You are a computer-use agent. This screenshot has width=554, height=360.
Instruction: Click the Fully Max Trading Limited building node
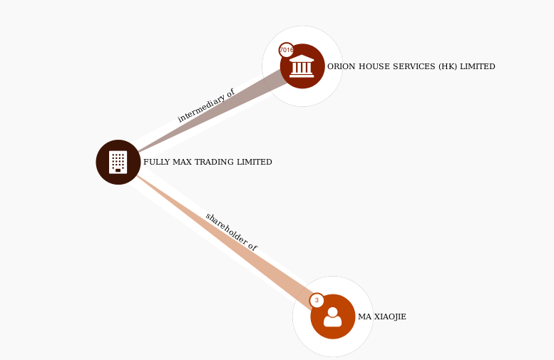pos(118,162)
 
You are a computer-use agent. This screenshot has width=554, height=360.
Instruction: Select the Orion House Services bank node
pos(302,66)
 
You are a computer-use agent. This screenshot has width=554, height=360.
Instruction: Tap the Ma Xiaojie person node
pos(332,317)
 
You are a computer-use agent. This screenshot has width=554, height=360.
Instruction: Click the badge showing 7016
pos(287,50)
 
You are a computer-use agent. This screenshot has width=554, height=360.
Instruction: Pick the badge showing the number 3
pos(317,300)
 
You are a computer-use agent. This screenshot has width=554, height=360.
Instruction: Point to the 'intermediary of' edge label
pos(205,106)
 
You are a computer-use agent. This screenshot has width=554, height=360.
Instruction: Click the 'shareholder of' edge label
pos(231,231)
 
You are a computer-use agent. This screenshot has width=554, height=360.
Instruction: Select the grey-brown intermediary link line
pos(214,113)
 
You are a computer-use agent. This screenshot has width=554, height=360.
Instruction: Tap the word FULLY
pos(155,162)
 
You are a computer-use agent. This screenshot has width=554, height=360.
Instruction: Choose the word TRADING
pos(213,162)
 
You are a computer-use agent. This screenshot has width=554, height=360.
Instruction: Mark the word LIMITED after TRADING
pos(254,162)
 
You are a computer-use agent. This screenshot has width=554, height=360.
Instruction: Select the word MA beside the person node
pos(364,317)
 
